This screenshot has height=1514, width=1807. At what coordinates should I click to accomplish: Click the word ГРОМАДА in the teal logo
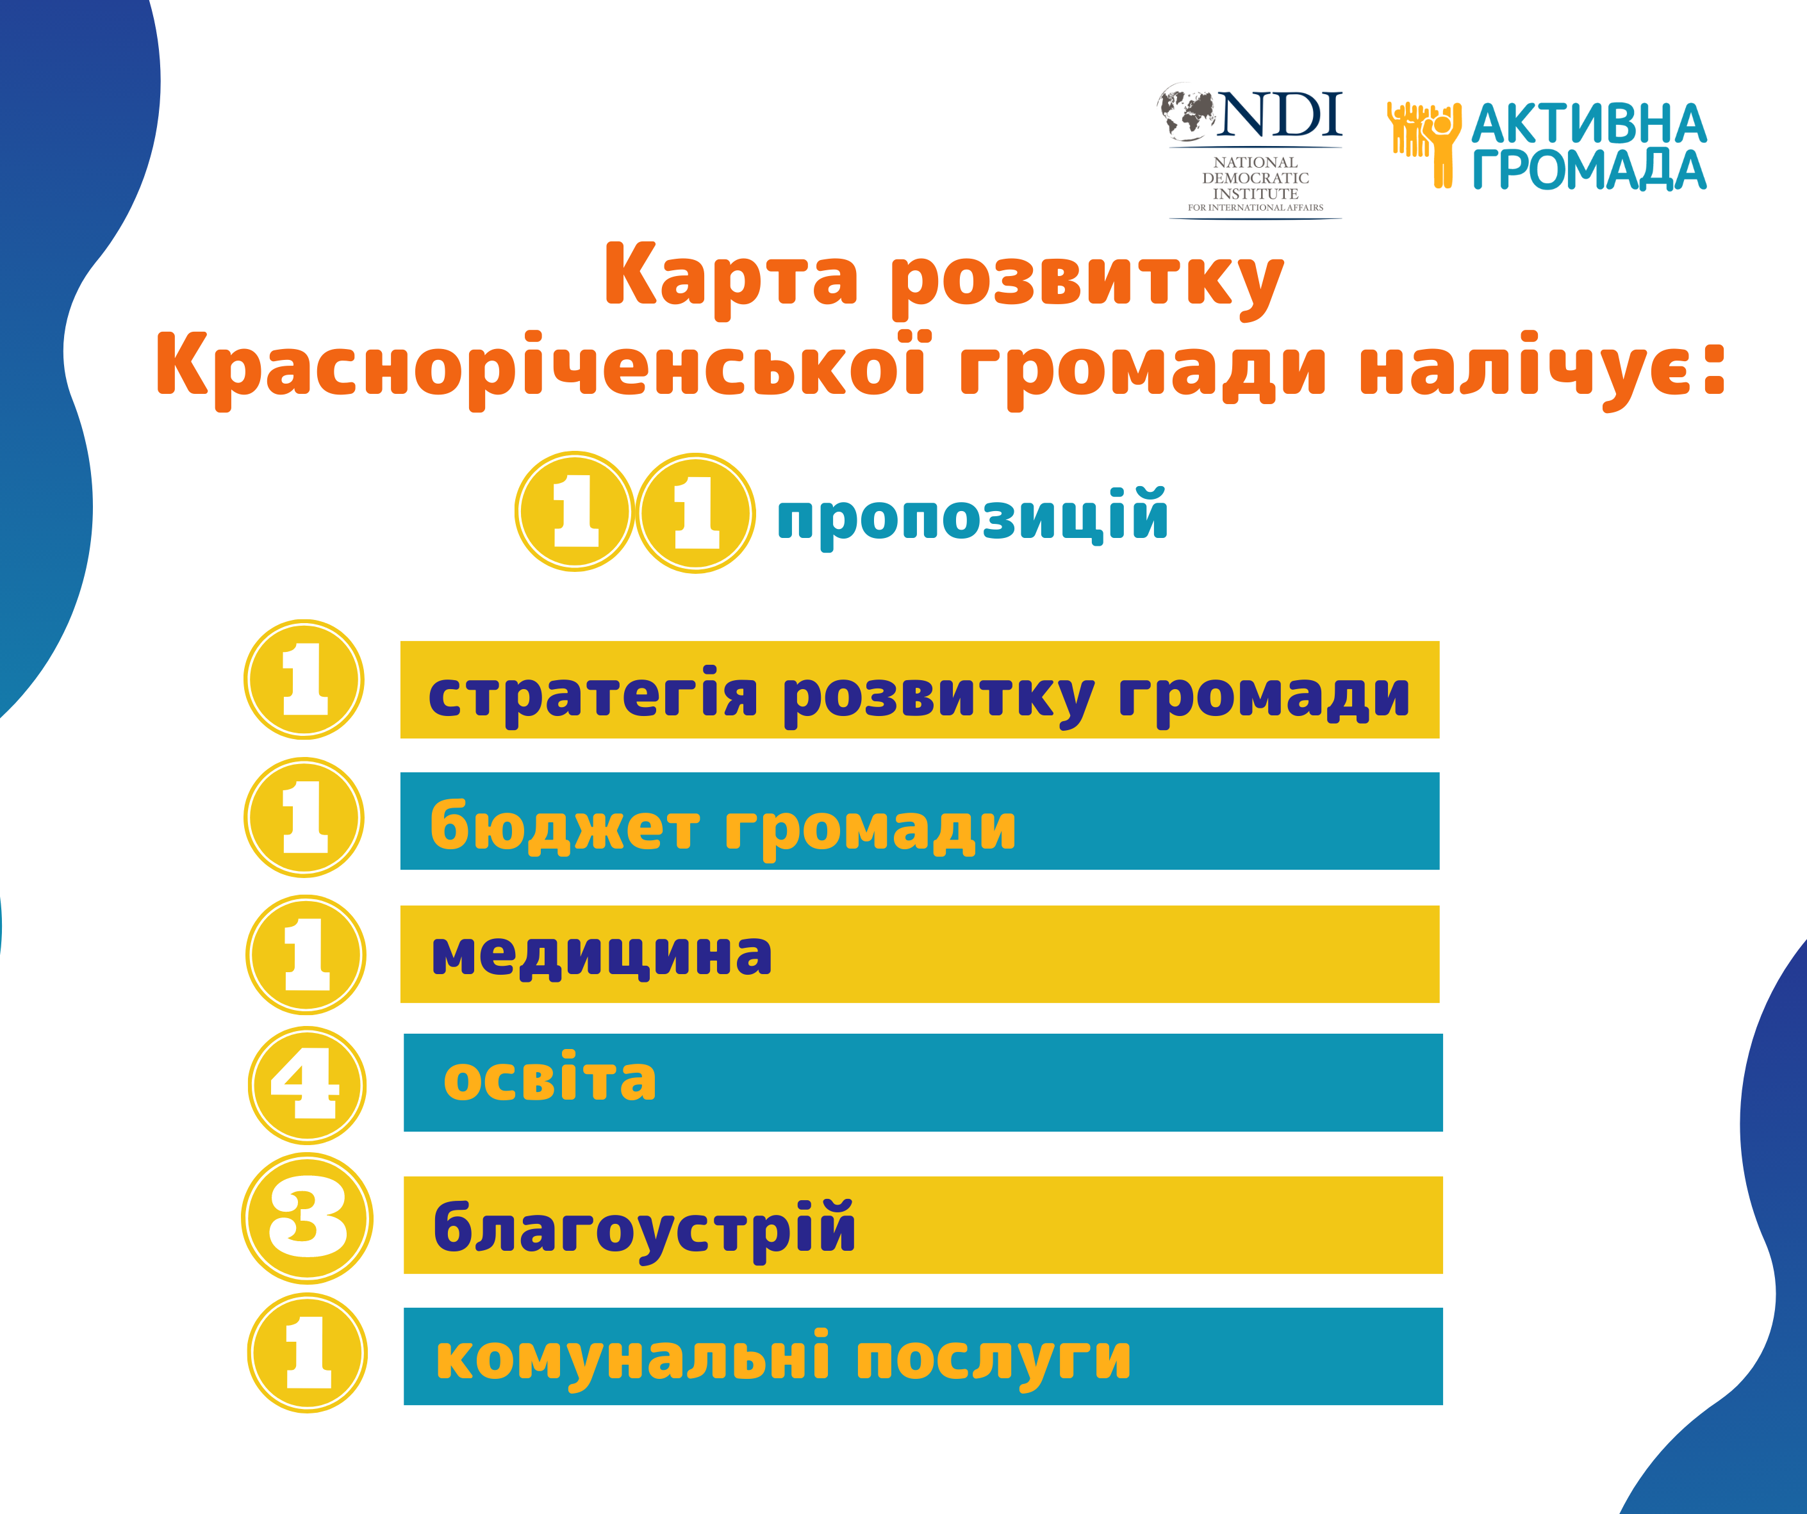(1589, 170)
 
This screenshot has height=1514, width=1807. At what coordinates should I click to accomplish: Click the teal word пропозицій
(972, 516)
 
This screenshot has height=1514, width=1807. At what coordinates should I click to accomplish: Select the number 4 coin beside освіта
(307, 1085)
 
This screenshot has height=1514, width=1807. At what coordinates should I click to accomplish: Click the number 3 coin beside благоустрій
(307, 1218)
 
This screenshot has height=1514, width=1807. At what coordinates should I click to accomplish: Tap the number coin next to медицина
(306, 955)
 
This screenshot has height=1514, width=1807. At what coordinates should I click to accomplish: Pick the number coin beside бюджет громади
(304, 817)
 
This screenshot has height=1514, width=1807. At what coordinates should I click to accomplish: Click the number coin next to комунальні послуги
(307, 1352)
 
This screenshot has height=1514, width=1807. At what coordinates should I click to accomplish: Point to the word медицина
(602, 954)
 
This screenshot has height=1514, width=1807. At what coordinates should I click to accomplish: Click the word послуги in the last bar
(993, 1358)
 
